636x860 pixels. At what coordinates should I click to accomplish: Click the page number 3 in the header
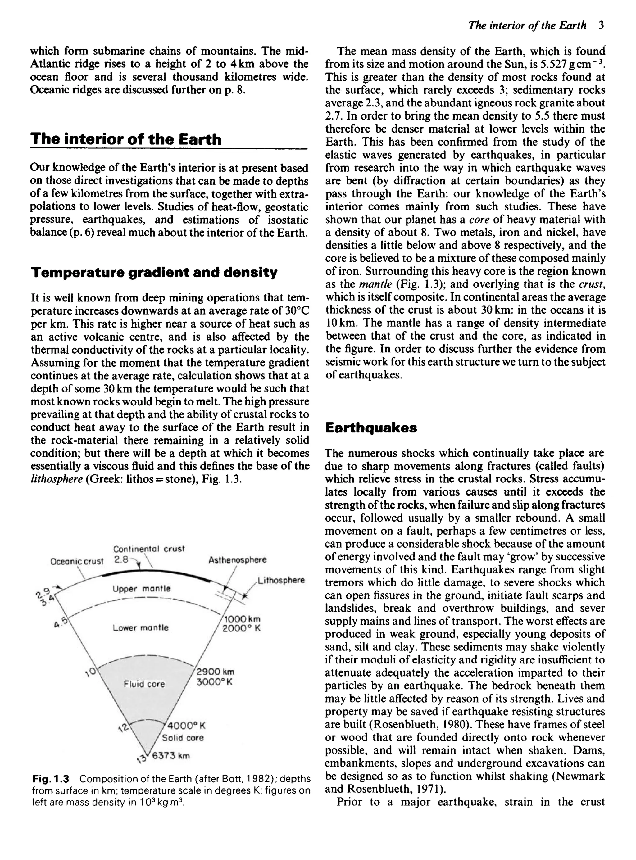point(601,25)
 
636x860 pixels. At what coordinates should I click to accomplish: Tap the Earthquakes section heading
point(371,428)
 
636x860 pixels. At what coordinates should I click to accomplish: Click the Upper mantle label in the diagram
point(141,589)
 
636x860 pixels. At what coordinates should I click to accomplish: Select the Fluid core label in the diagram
point(144,684)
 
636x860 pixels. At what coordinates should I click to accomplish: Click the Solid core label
point(183,738)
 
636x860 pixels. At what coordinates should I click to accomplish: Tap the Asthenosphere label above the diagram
point(237,559)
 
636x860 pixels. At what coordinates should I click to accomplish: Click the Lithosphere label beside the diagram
point(281,580)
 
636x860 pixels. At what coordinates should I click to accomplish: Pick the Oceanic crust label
point(77,561)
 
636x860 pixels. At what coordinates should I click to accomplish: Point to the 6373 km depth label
point(171,755)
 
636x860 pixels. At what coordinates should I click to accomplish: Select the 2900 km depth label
point(215,672)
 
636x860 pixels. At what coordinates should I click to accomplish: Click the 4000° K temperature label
point(186,726)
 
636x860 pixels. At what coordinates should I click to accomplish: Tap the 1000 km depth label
point(242,619)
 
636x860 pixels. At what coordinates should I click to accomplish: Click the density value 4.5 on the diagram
point(61,622)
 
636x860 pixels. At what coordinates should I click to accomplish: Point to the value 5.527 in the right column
point(557,64)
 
